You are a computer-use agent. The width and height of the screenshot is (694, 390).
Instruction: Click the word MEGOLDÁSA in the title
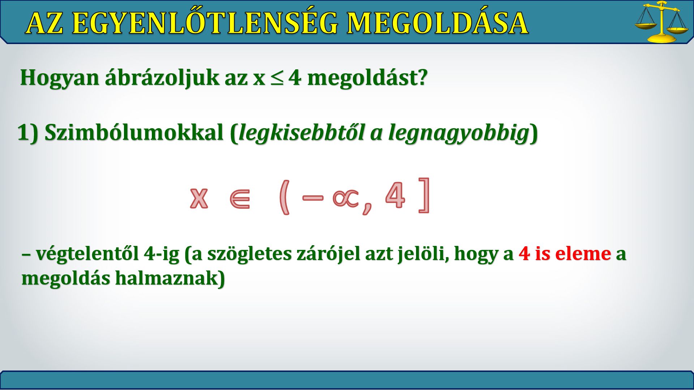click(x=437, y=23)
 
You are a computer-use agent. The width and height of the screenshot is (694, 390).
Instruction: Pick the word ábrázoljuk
click(x=162, y=77)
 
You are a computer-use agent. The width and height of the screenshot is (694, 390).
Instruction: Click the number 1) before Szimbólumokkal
click(x=28, y=133)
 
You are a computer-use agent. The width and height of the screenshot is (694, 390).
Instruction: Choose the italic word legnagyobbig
click(x=459, y=133)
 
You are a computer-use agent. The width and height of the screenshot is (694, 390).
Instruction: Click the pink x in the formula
click(x=199, y=198)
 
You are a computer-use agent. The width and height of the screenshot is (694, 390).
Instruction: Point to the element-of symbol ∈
click(x=240, y=198)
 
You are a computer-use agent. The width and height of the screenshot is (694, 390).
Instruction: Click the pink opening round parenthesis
click(x=284, y=198)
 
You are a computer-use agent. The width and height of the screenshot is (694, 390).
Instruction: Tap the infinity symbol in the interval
click(x=346, y=198)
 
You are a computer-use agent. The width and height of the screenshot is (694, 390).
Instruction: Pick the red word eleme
click(x=583, y=253)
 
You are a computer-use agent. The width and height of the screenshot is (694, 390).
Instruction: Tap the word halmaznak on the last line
click(x=170, y=278)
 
